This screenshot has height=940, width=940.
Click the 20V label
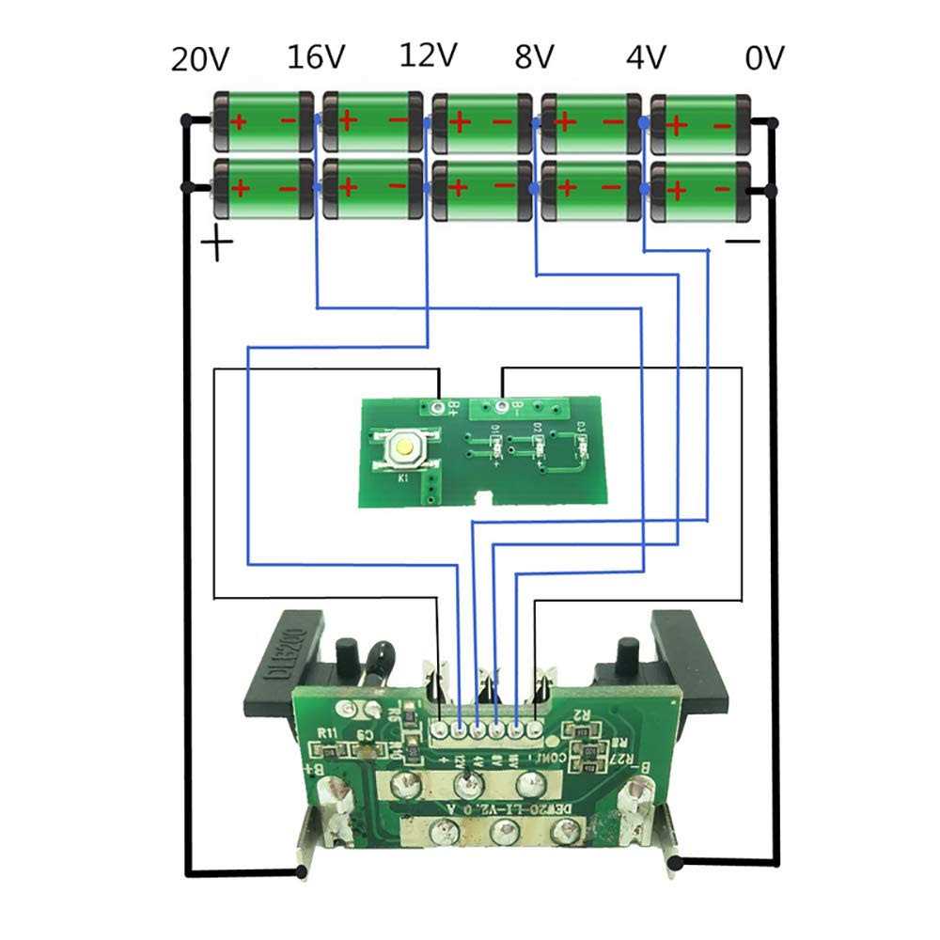coord(199,60)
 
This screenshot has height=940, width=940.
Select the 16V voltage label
coord(315,57)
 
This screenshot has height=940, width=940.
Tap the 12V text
coord(429,55)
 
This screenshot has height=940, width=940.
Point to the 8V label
coord(534,57)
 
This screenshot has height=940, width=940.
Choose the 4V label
coord(646,57)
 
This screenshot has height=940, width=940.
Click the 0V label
coord(764,58)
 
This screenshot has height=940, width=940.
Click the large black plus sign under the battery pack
coord(218,246)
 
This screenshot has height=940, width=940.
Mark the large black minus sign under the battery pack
coord(743,242)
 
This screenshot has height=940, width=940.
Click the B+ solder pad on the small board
coord(439,407)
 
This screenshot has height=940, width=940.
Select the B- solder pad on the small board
coord(502,407)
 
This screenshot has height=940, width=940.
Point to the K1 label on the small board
coord(402,479)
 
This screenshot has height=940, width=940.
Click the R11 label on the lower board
coord(327,734)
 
